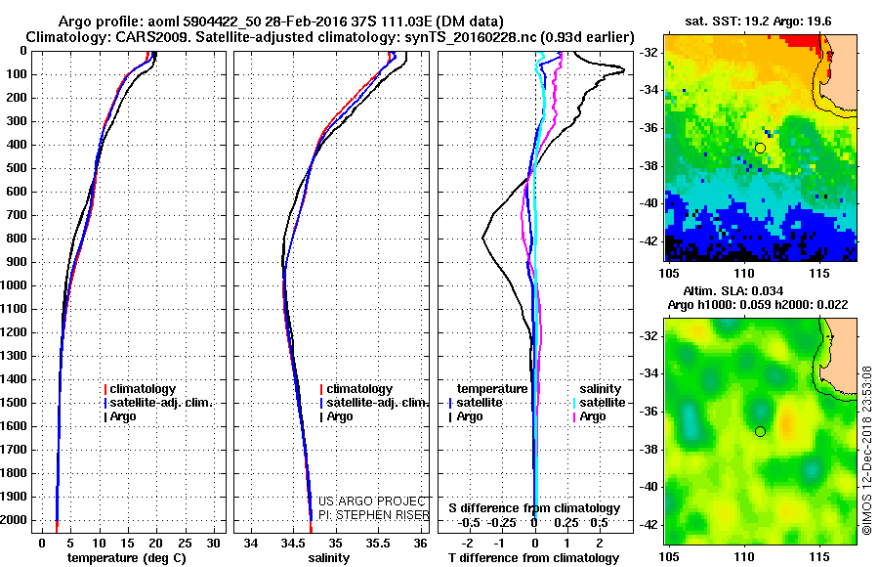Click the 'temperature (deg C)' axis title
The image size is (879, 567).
[127, 558]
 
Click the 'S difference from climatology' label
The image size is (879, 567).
[534, 508]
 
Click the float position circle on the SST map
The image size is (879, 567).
[760, 148]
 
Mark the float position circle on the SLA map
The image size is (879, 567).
[760, 431]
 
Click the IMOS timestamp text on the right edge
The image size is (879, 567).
[867, 449]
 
